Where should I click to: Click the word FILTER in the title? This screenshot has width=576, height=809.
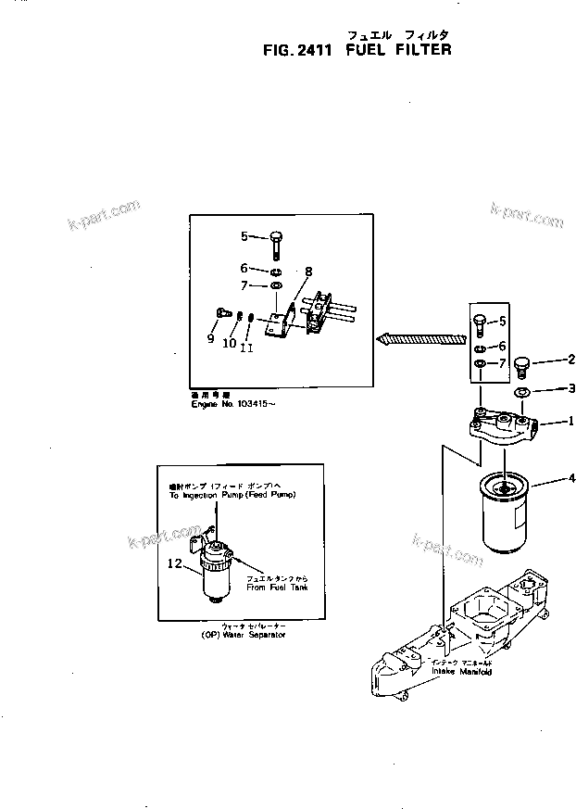pos(422,49)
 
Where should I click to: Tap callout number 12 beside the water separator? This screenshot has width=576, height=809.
pos(174,563)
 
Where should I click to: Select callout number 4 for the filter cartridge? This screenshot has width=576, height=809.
pos(573,478)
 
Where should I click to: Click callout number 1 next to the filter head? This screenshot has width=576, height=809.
pos(570,420)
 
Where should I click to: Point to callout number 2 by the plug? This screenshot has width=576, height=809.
pos(571,360)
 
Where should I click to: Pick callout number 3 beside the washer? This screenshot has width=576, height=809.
pos(572,388)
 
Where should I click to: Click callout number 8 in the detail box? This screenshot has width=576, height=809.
pos(308,272)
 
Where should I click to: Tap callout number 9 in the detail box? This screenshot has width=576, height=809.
pos(211,340)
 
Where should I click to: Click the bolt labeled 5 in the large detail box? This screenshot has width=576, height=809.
pos(277,243)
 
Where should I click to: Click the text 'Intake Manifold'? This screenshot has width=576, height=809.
pos(460,672)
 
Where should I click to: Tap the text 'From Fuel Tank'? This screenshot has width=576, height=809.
pos(277,588)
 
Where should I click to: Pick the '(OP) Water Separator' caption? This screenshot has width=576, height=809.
pos(243,635)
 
